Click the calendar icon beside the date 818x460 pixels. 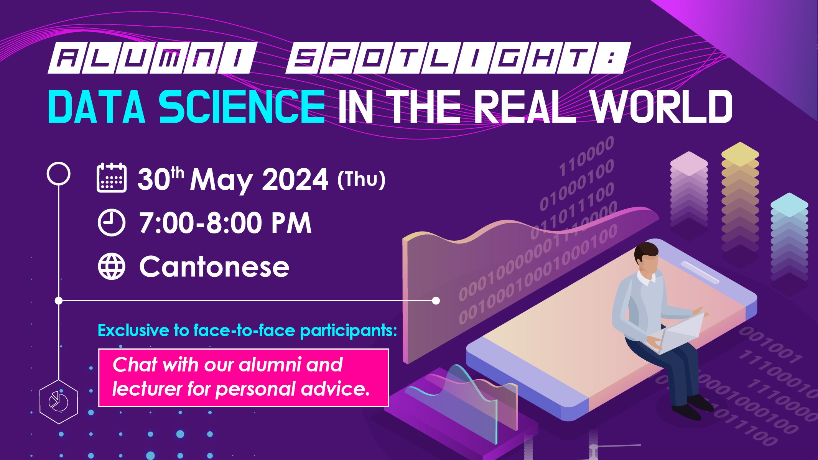112,177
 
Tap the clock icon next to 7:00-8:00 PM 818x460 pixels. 112,223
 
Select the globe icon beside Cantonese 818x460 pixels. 112,266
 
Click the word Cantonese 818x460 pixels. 214,267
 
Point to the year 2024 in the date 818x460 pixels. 295,179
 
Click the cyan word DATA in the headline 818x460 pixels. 97,107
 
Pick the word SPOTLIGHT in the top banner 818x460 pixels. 458,58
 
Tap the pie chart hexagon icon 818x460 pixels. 59,402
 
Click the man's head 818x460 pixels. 647,258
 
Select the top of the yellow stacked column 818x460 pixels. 740,154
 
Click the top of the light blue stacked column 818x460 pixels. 789,204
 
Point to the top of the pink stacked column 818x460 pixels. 689,163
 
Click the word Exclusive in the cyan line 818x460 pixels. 133,330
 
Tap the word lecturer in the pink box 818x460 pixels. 147,389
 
